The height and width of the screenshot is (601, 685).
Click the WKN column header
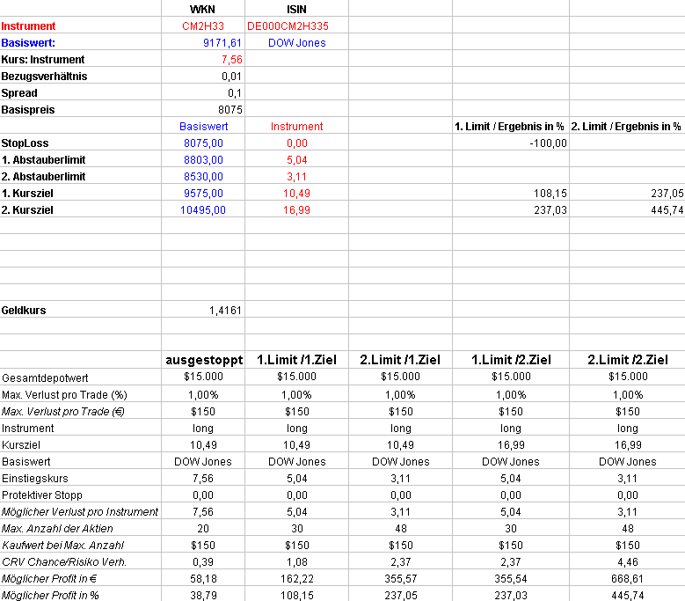click(201, 9)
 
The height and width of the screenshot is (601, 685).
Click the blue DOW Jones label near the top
click(296, 42)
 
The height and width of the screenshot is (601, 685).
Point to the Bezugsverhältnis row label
click(44, 76)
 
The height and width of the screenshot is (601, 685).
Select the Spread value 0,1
click(234, 92)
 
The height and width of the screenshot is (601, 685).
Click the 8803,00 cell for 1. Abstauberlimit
click(203, 159)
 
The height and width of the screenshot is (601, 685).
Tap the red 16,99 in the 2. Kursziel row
click(296, 209)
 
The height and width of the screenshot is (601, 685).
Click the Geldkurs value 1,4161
click(225, 311)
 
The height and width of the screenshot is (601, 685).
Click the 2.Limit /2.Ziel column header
click(627, 360)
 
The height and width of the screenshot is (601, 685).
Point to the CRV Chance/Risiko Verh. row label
click(64, 561)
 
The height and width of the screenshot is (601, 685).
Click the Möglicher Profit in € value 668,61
click(627, 578)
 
